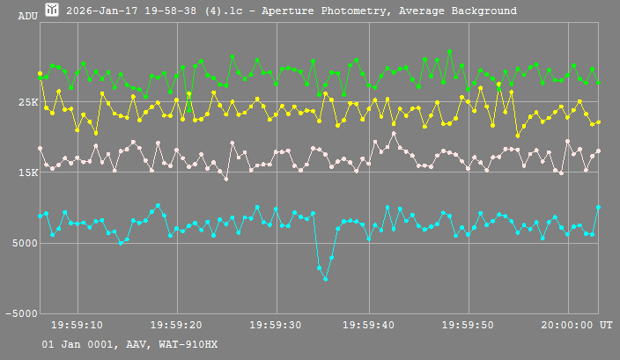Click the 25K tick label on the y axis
click(x=27, y=103)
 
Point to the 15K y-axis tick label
click(x=27, y=173)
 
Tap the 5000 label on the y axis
click(x=24, y=244)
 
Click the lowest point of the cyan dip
click(x=325, y=279)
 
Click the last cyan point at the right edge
click(x=598, y=208)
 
